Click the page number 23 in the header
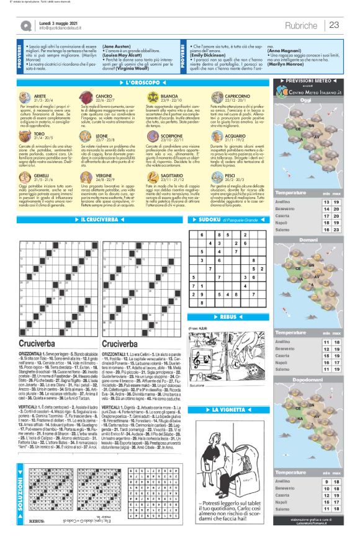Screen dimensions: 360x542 [335, 25]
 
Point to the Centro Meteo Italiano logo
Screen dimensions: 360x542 [305, 92]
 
